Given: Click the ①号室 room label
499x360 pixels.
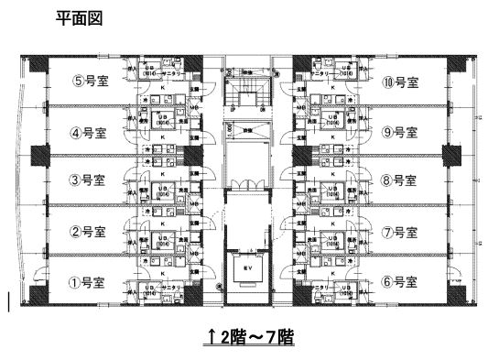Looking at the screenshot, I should point(90,281).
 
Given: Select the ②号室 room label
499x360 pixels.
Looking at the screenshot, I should point(90,230).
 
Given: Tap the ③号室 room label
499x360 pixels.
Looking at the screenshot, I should point(90,180).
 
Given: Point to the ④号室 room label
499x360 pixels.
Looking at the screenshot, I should point(90,130).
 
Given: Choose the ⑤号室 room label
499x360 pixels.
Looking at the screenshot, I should point(90,81).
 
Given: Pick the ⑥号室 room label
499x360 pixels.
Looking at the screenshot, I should point(399,281).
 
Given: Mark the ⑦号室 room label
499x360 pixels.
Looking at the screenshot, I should point(399,230).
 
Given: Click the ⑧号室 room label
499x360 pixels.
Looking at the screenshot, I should point(399,180).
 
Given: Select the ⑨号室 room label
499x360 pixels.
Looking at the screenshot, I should point(399,130).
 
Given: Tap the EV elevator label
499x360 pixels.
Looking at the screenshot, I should point(246,267).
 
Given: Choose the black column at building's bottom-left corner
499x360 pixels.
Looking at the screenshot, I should point(39,295).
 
